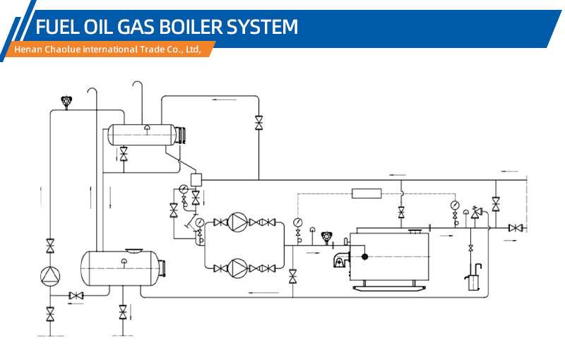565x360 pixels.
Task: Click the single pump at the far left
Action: click(50, 276)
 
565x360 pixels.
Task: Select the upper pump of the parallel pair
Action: click(237, 222)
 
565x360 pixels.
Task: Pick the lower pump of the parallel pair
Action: click(237, 268)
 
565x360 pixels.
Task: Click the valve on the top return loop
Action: click(258, 123)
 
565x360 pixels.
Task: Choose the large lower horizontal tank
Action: click(122, 268)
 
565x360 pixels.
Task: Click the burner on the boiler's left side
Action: click(341, 259)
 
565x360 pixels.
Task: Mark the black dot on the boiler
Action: click(364, 257)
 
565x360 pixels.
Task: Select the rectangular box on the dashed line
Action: click(367, 193)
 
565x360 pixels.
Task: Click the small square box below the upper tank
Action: click(196, 179)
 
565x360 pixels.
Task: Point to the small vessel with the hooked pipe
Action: click(473, 277)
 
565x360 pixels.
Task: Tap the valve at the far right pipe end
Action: click(516, 228)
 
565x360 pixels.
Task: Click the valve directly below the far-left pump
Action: click(50, 314)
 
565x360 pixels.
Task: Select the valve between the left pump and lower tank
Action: click(76, 296)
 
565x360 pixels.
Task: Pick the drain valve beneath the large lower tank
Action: click(123, 312)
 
